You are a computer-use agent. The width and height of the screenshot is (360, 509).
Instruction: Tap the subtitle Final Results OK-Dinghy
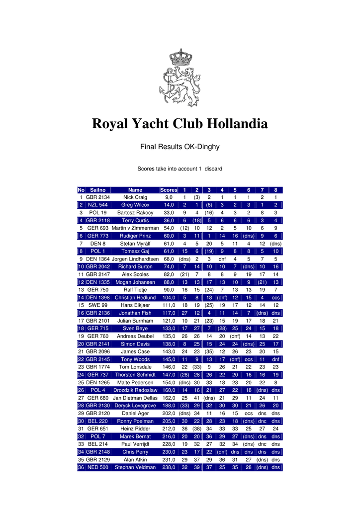180,147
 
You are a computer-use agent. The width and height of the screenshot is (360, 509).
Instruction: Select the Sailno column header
97,190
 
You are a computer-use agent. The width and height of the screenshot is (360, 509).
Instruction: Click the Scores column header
169,190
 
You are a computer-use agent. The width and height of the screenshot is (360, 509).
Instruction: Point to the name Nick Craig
135,197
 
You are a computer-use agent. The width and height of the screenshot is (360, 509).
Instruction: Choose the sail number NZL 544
97,205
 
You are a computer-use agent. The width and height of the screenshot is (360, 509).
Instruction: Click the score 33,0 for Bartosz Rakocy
169,213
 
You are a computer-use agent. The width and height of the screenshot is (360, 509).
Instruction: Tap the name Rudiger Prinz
135,236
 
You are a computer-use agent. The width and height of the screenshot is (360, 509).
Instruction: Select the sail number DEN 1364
97,259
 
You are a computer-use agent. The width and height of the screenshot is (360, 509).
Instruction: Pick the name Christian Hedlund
135,298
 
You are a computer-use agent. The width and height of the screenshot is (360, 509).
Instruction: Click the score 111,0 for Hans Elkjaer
169,305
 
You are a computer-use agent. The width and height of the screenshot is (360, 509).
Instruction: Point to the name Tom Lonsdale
135,367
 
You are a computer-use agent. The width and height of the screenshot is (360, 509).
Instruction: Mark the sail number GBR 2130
97,406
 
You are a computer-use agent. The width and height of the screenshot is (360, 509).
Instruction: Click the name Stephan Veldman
135,467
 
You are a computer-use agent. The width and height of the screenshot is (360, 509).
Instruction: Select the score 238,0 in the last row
169,467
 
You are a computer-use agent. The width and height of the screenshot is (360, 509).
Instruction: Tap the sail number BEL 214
97,444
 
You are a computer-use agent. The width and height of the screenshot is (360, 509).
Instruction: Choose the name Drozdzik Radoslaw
135,390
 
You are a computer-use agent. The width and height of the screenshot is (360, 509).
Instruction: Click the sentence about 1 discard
180,169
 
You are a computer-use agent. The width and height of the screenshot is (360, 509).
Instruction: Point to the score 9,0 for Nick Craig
169,197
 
